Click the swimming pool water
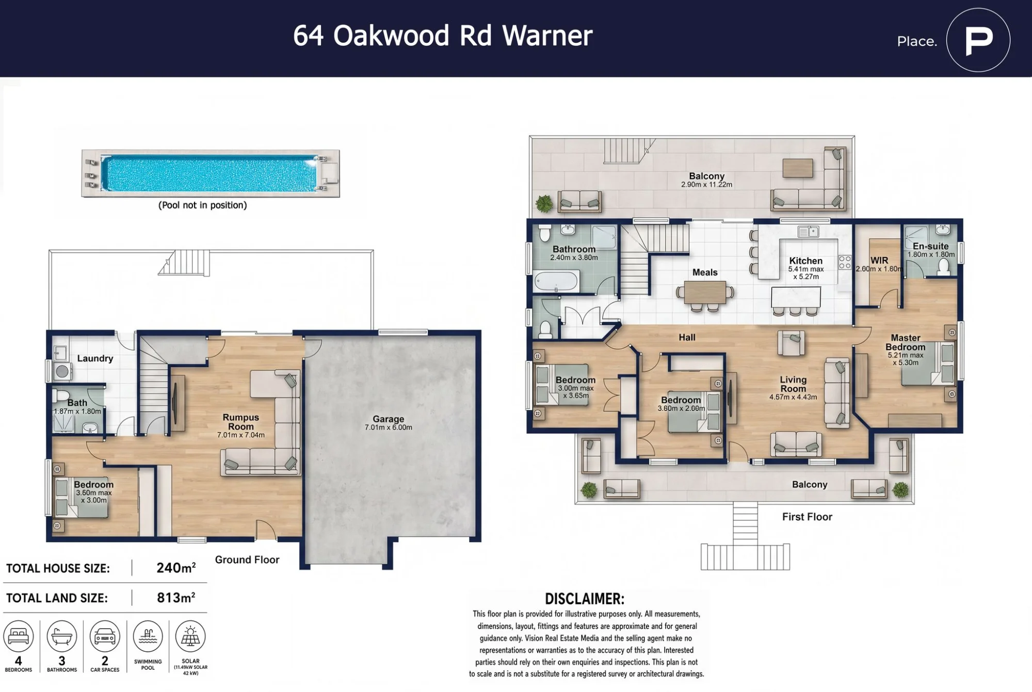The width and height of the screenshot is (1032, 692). pyautogui.click(x=209, y=173)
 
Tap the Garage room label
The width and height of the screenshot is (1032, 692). pyautogui.click(x=389, y=419)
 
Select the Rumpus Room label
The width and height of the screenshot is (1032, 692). pyautogui.click(x=241, y=422)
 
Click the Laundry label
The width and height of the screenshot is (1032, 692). pyautogui.click(x=95, y=358)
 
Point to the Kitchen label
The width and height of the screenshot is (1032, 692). pyautogui.click(x=805, y=261)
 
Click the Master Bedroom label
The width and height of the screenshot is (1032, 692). pyautogui.click(x=906, y=342)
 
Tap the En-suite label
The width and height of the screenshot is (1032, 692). pyautogui.click(x=931, y=246)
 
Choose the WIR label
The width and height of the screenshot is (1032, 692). pyautogui.click(x=879, y=260)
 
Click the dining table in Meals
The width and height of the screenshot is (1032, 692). pyautogui.click(x=705, y=292)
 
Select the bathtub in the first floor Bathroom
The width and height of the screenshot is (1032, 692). pyautogui.click(x=557, y=282)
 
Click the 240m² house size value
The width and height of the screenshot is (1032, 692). pyautogui.click(x=176, y=568)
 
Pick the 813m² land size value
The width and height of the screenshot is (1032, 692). pyautogui.click(x=176, y=598)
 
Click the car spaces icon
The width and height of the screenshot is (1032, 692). pyautogui.click(x=105, y=636)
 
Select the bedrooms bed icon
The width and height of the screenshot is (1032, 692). pyautogui.click(x=19, y=636)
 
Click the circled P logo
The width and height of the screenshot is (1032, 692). pyautogui.click(x=978, y=40)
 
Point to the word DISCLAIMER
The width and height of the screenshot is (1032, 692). pyautogui.click(x=585, y=599)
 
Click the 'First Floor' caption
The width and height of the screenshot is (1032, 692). pyautogui.click(x=807, y=517)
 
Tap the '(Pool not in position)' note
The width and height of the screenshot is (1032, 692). pyautogui.click(x=203, y=205)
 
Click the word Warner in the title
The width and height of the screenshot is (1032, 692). pyautogui.click(x=547, y=36)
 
